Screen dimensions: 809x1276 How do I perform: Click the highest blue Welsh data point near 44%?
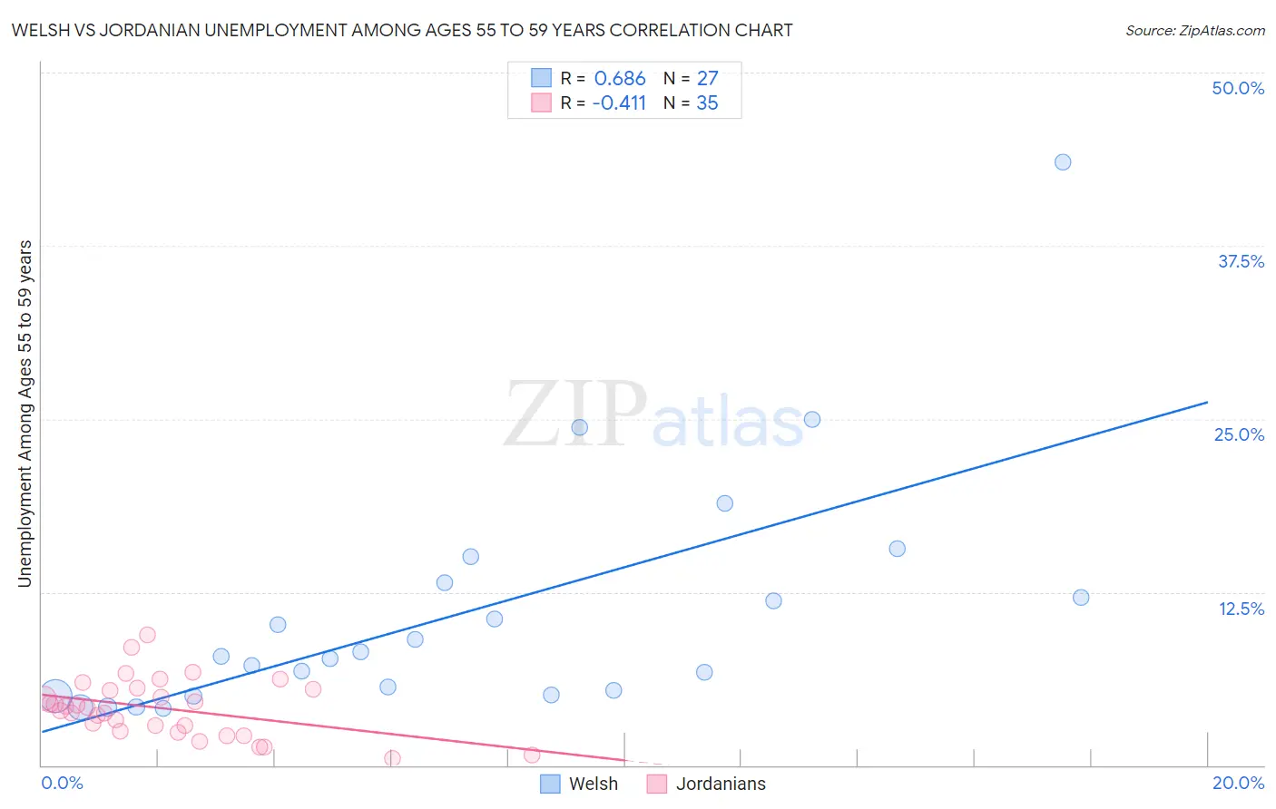click(1063, 162)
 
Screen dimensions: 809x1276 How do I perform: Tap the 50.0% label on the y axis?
click(1238, 88)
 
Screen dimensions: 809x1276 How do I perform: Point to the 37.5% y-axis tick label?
click(1241, 261)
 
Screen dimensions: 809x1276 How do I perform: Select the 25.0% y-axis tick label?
click(1239, 434)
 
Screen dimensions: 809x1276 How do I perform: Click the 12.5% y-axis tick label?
click(1241, 609)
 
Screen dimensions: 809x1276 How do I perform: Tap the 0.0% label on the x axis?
click(62, 783)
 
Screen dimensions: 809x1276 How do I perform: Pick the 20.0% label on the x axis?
click(1238, 783)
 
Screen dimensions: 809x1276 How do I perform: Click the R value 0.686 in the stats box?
click(620, 79)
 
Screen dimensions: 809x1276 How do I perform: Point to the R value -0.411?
click(619, 103)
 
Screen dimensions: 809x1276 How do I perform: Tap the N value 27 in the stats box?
click(707, 79)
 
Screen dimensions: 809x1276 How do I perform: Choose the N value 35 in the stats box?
click(707, 103)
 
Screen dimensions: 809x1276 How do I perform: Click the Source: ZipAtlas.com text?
click(1194, 31)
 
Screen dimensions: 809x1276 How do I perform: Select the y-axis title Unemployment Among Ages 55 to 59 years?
click(25, 414)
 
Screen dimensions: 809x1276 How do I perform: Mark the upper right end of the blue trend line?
click(1206, 402)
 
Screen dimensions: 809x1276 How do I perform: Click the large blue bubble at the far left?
click(54, 697)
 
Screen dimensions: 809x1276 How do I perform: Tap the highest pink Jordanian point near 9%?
click(147, 635)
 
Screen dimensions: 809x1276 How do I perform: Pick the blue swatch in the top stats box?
click(541, 78)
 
